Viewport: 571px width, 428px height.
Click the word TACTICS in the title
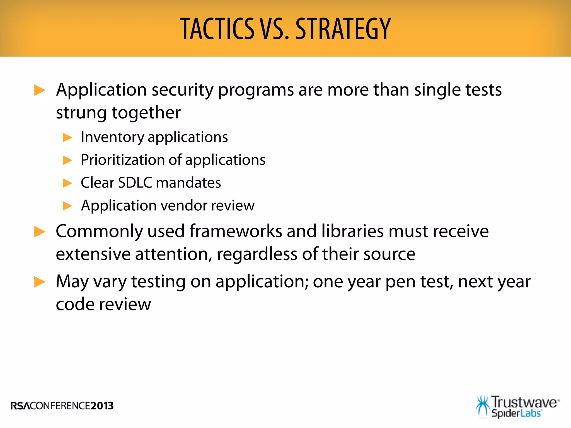217,29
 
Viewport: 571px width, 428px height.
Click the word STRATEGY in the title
343,29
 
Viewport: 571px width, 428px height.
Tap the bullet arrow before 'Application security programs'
40,90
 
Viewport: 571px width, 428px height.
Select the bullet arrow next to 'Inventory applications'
67,137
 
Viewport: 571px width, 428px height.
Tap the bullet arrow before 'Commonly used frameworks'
40,232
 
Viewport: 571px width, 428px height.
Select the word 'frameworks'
236,231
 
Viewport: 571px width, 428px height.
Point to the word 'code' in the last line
75,304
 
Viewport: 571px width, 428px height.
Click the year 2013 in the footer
102,406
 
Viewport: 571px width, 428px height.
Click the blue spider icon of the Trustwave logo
483,406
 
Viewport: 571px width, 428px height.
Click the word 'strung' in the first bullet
81,113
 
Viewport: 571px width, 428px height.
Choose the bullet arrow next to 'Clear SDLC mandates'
67,183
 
